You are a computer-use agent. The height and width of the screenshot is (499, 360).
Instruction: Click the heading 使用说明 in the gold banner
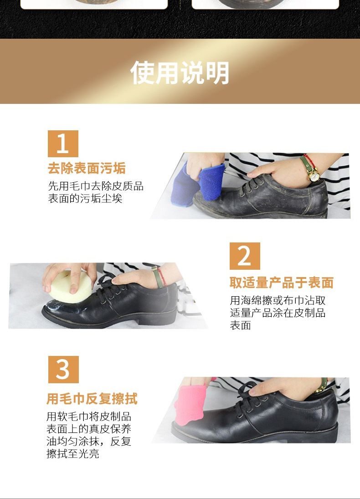click(180, 73)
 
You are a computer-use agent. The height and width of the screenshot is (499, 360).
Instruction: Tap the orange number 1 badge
click(63, 144)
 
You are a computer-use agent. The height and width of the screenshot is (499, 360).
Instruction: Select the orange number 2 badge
click(245, 256)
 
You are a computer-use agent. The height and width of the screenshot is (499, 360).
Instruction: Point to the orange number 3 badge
click(63, 370)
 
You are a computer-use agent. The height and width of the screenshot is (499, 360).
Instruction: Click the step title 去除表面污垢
click(87, 168)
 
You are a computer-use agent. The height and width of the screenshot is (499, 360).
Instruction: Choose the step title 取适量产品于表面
click(282, 283)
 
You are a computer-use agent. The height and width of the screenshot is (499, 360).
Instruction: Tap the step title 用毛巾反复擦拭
click(92, 398)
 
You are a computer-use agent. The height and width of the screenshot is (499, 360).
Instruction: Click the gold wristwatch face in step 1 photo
click(314, 175)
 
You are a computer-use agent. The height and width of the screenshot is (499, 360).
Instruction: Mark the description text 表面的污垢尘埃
click(85, 198)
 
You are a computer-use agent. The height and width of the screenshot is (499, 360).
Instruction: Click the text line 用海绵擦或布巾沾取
click(278, 300)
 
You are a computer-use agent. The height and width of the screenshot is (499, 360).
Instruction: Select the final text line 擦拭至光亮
click(73, 453)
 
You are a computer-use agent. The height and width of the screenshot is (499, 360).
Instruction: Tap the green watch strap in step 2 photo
click(157, 278)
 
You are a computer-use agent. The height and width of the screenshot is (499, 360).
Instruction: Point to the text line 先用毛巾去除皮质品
click(96, 186)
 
